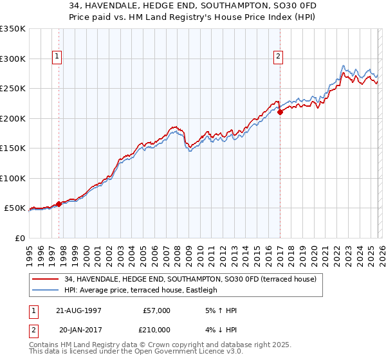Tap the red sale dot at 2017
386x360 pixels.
point(280,113)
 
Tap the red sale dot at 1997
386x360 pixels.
point(59,204)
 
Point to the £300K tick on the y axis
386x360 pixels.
point(13,59)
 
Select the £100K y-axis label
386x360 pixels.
point(13,178)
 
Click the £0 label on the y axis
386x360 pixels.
point(21,238)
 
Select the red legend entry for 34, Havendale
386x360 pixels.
point(190,280)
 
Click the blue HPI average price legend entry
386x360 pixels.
point(141,290)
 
